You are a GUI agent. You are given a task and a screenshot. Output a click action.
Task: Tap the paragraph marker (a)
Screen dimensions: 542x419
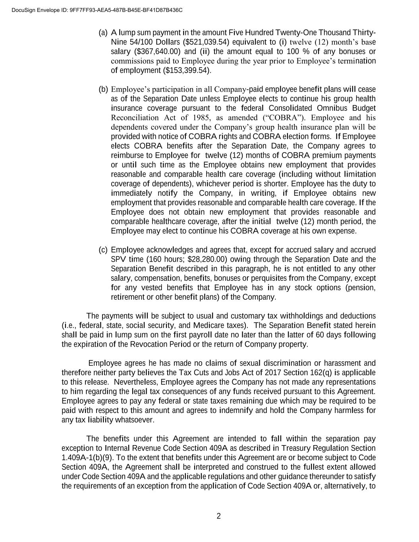point(103,33)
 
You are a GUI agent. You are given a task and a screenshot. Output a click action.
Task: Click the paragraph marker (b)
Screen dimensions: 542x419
point(103,89)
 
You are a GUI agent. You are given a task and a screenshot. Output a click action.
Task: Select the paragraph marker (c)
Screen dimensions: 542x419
point(103,250)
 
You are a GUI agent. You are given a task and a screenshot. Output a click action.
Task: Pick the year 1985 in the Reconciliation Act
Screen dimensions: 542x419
point(201,118)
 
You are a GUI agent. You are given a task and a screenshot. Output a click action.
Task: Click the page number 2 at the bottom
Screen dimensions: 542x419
point(218,517)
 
